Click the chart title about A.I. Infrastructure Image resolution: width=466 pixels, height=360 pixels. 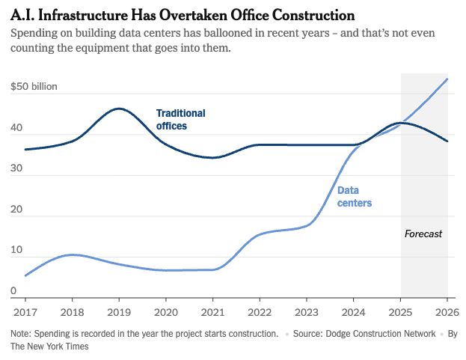coord(183,15)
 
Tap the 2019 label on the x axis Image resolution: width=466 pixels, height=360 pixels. coord(119,312)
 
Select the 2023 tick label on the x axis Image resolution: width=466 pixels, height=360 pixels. coord(307,312)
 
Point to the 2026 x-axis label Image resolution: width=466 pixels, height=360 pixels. coord(447,312)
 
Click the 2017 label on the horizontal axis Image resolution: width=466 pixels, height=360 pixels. coord(25,312)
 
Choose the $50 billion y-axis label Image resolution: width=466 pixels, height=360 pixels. coord(34,87)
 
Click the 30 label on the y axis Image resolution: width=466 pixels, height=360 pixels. coord(16,168)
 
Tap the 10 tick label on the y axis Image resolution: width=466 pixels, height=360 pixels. coord(16,250)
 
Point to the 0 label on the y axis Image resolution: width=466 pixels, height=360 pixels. coord(13,290)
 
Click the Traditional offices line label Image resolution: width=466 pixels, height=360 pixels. coord(181,120)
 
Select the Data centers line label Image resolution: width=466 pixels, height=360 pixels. coord(355,197)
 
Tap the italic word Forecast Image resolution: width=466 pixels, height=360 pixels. coord(423,234)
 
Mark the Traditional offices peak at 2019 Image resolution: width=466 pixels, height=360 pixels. coord(119,109)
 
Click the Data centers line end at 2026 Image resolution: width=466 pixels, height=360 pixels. coord(447,79)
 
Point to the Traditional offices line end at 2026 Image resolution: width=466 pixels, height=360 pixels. coord(447,141)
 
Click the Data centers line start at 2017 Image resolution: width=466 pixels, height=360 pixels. coord(25,275)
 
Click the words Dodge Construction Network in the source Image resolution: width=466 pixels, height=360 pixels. coord(381,334)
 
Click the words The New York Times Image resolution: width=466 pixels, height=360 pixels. coord(49,347)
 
